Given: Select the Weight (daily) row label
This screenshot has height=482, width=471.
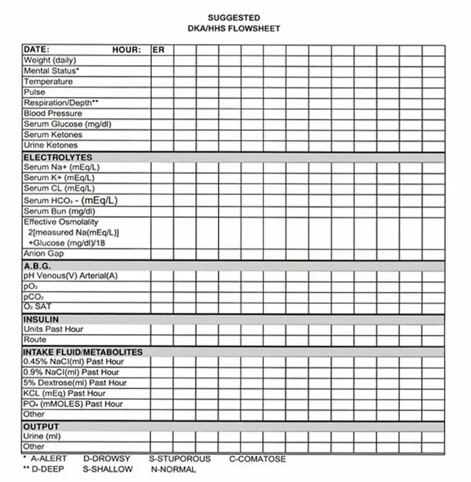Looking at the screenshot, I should tap(50, 60).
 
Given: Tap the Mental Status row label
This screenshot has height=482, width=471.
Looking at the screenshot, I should tap(52, 71).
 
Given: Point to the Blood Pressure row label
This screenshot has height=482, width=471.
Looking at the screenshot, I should tap(52, 113).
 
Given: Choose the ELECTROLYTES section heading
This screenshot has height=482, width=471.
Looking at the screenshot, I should tap(58, 157).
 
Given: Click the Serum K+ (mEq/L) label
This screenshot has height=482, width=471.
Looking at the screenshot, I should tap(59, 177).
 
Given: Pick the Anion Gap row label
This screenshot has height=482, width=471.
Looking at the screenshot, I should tap(43, 254).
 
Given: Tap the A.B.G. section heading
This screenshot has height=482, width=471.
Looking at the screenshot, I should tap(37, 266).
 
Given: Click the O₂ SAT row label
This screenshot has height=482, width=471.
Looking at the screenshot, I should tap(37, 308).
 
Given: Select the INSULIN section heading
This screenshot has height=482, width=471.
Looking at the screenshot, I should tap(41, 319).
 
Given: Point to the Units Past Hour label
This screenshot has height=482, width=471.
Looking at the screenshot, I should tap(54, 329).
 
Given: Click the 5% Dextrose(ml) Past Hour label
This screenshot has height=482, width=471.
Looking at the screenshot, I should tap(75, 383).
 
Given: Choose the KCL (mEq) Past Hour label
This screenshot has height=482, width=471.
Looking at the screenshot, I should tap(64, 393).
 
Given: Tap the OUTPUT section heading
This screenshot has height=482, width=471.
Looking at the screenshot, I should tap(41, 426).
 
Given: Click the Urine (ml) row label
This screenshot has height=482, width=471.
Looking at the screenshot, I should tap(42, 437).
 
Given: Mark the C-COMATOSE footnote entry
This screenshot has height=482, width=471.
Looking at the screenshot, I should tap(257, 459).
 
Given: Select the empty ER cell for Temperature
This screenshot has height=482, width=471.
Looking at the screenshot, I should tap(162, 81).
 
